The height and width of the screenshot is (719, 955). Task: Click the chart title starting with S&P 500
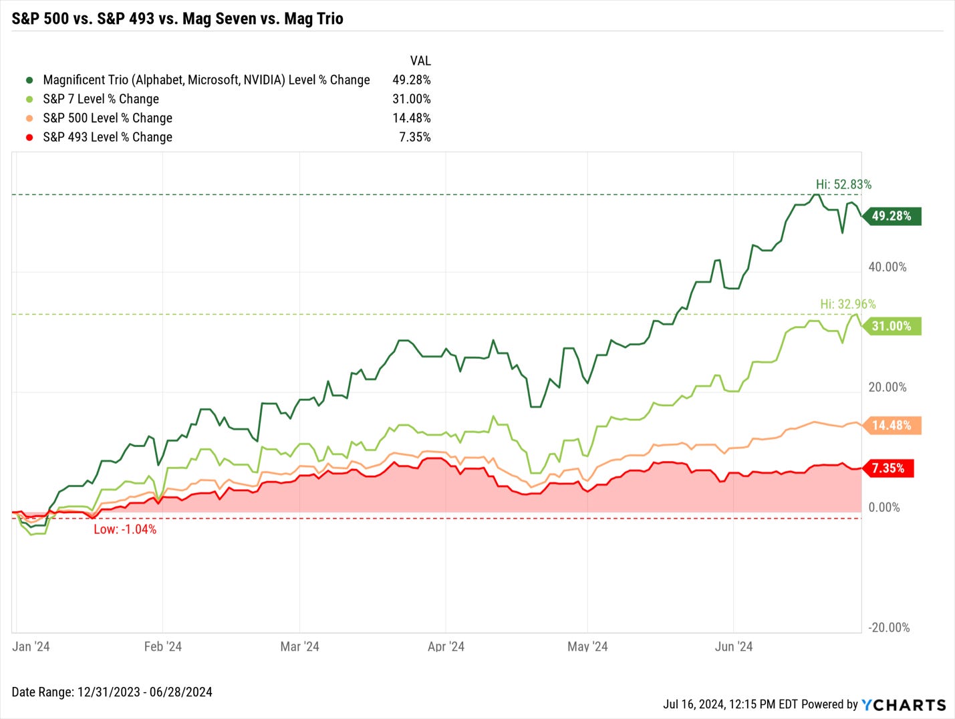click(x=177, y=19)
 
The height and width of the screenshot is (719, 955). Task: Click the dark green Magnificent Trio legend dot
click(x=29, y=80)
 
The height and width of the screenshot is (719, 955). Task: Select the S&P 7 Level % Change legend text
click(x=101, y=99)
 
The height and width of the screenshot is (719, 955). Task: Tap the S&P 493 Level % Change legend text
click(x=108, y=137)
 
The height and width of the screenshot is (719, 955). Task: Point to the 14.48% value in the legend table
click(x=411, y=118)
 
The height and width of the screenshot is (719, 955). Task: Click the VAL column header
click(x=420, y=61)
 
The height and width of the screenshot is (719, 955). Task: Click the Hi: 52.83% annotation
click(x=843, y=184)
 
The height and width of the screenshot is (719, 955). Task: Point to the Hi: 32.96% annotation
click(x=847, y=304)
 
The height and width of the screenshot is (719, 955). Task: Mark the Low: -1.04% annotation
click(x=125, y=529)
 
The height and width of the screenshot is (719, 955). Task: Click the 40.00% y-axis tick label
click(x=887, y=267)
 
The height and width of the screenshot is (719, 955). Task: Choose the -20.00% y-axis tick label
click(x=889, y=627)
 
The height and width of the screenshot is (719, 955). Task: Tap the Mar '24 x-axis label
click(x=299, y=646)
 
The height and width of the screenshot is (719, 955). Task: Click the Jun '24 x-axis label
click(x=733, y=646)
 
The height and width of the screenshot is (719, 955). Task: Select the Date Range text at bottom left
click(x=112, y=692)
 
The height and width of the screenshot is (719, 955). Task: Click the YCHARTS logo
click(x=904, y=705)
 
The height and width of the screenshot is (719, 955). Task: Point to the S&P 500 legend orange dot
click(x=29, y=118)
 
